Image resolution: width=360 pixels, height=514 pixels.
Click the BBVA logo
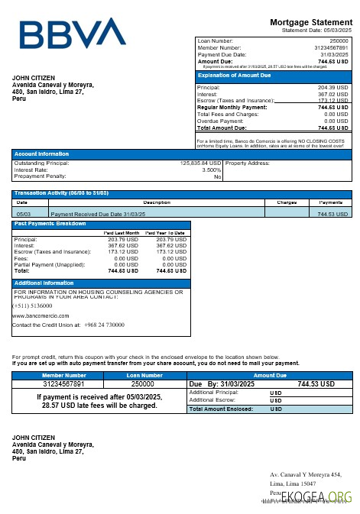73,34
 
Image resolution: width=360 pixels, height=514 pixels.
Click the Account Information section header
41,154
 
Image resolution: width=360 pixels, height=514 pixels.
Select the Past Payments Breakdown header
50,223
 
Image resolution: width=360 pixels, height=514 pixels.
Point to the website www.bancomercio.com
41,315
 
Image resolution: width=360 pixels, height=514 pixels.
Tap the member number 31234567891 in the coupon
64,383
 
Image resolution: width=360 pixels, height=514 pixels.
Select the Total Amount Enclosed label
221,409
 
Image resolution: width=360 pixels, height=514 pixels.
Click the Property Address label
248,163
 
